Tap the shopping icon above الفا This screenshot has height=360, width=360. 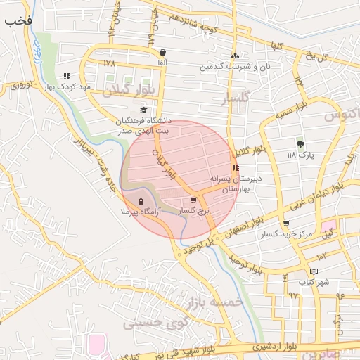(163, 53)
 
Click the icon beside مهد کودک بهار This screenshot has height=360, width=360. (67, 76)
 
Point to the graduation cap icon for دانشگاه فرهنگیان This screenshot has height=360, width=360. (143, 110)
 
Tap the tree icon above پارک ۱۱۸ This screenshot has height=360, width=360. (301, 143)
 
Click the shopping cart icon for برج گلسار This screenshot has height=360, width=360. (193, 200)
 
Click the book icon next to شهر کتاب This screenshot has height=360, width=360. (314, 271)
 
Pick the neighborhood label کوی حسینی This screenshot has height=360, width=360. (152, 323)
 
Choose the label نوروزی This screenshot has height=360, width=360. (21, 85)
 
